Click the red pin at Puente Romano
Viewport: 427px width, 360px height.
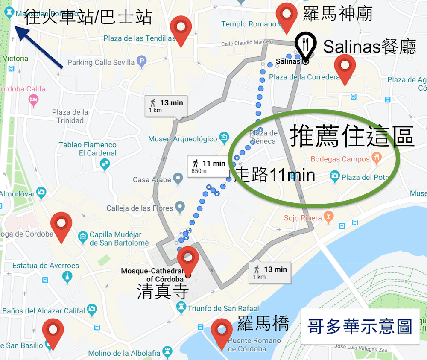click(222, 331)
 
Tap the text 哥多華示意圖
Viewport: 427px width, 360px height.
click(360, 327)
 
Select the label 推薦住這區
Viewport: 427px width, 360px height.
click(352, 136)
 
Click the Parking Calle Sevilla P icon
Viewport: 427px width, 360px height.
click(142, 62)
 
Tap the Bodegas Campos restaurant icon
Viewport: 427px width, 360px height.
click(376, 158)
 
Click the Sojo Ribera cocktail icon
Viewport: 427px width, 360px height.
click(328, 217)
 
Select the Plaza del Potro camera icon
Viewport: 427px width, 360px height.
click(335, 176)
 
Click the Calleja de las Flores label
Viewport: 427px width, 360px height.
click(140, 208)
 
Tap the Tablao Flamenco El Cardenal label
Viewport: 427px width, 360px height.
click(88, 149)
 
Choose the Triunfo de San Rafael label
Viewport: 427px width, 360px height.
click(223, 308)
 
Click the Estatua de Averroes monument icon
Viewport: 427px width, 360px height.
click(67, 277)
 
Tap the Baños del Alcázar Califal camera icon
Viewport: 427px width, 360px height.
click(91, 309)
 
